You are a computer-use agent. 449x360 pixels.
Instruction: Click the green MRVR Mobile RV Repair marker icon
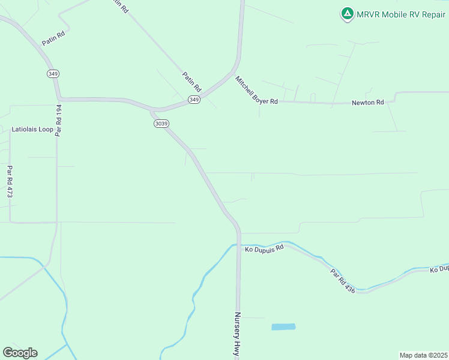point(347,13)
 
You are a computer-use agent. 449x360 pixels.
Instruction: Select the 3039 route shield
point(161,124)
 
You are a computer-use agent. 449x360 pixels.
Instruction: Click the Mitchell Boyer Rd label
point(256,91)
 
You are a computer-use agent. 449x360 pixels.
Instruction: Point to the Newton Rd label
point(367,103)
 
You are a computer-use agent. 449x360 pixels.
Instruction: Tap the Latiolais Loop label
point(32,129)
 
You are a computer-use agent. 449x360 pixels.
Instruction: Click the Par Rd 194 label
point(59,121)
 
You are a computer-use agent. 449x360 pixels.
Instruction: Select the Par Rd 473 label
point(10,182)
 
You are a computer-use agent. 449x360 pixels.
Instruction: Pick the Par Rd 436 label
point(343,281)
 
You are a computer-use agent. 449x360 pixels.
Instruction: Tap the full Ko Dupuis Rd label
point(264,249)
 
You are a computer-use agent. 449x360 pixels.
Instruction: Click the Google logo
point(20,353)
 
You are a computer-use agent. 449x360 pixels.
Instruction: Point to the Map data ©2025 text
point(423,355)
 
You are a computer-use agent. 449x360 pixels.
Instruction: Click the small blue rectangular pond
point(283,327)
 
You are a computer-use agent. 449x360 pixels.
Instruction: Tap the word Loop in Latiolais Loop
point(46,129)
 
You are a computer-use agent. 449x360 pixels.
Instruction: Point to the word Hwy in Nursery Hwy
point(238,350)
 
